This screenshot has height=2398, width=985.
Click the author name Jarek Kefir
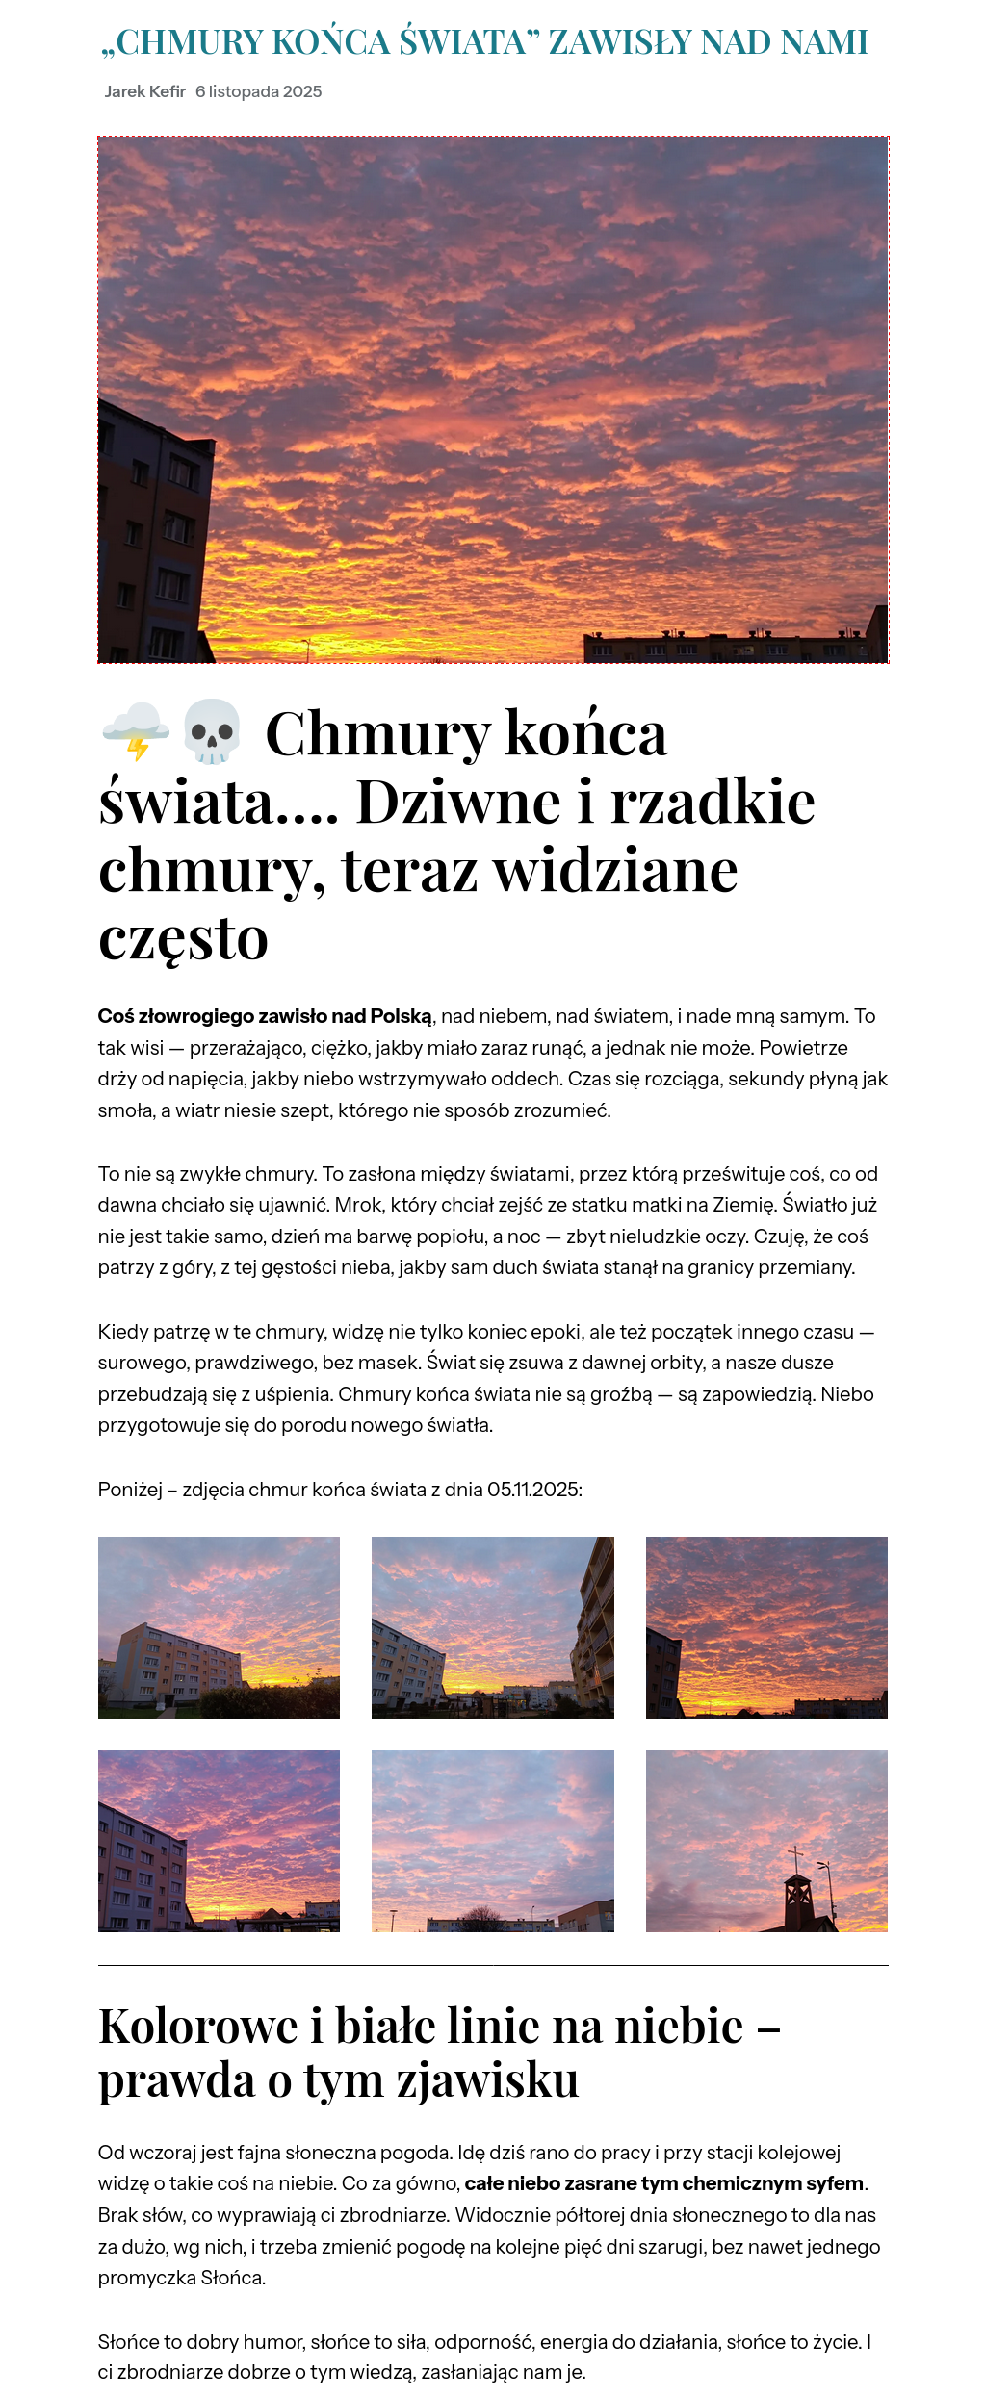tap(144, 91)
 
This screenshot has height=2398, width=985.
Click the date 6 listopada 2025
tap(258, 91)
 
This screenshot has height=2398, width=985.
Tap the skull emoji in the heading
tap(211, 731)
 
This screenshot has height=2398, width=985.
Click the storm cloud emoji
tap(136, 731)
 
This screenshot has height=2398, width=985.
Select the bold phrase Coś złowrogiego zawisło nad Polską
tap(265, 1016)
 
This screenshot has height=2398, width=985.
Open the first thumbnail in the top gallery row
tap(219, 1627)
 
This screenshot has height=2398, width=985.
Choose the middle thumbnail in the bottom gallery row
tap(492, 1841)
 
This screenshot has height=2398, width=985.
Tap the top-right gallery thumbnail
tap(766, 1627)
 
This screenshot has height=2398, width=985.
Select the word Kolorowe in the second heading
tap(197, 2026)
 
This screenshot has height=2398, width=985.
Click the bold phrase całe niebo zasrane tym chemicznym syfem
tap(663, 2183)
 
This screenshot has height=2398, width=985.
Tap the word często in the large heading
tap(183, 938)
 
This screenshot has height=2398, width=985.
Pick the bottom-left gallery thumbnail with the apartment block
tap(219, 1841)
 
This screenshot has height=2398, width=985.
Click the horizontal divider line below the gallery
tap(492, 1965)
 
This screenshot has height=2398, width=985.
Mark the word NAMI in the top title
tap(824, 42)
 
